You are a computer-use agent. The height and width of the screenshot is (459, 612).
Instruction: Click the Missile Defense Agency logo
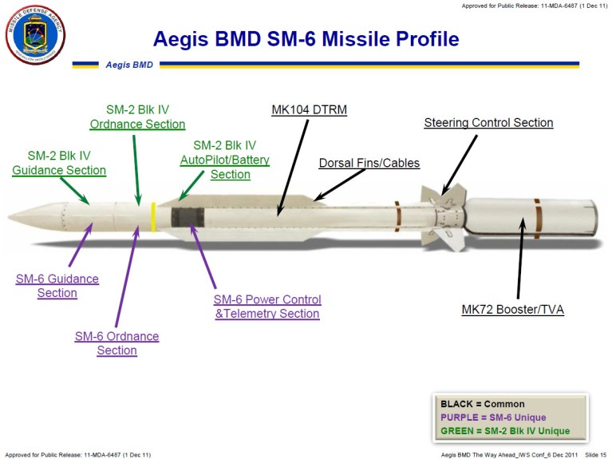click(x=35, y=34)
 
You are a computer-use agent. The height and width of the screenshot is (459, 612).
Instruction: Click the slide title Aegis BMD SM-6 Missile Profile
click(x=306, y=38)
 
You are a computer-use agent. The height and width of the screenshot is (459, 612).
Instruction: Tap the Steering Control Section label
click(x=488, y=123)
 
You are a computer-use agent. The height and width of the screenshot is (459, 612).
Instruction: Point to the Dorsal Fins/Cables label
click(x=369, y=163)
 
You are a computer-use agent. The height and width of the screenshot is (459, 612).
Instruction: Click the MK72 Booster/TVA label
click(x=512, y=309)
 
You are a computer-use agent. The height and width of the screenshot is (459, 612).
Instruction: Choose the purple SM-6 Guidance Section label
click(x=57, y=286)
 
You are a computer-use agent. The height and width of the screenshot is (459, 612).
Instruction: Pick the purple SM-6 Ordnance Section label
click(x=116, y=343)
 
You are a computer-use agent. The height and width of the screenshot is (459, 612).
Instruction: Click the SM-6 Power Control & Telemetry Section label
click(x=267, y=307)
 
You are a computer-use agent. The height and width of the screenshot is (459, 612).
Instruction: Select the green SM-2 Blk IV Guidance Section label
click(x=59, y=163)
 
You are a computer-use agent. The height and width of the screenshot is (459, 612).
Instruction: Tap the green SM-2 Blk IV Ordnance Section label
click(x=137, y=117)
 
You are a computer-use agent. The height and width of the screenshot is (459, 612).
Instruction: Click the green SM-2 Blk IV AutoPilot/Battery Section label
click(x=224, y=160)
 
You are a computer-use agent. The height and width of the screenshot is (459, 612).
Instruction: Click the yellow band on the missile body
click(x=153, y=216)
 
